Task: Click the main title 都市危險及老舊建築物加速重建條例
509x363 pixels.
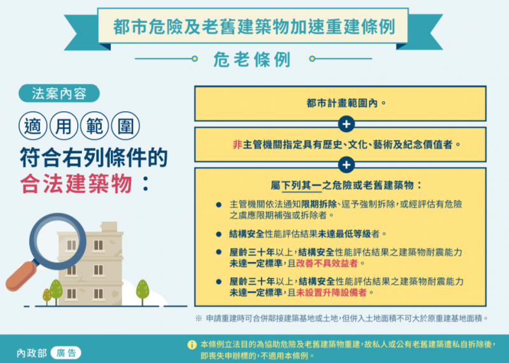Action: click(254, 26)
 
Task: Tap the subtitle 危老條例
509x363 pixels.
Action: click(252, 60)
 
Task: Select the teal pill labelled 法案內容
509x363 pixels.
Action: click(59, 93)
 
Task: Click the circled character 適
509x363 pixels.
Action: click(33, 126)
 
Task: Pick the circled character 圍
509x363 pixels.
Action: click(125, 126)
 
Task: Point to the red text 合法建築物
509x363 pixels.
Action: click(76, 184)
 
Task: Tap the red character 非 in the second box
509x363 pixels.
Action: click(237, 144)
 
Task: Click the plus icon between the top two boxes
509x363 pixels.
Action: click(346, 124)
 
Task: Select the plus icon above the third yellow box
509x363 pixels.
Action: click(346, 165)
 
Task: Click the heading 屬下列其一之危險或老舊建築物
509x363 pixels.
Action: click(342, 185)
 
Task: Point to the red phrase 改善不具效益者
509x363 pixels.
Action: click(327, 263)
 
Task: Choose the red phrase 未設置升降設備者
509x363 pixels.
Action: click(331, 292)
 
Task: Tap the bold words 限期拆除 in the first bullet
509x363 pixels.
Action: click(319, 204)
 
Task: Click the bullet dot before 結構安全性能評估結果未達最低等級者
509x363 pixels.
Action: click(219, 234)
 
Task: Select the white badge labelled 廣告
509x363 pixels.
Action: click(66, 353)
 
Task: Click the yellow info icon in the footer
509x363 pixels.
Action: click(192, 345)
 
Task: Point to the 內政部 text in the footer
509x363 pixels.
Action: click(32, 353)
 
